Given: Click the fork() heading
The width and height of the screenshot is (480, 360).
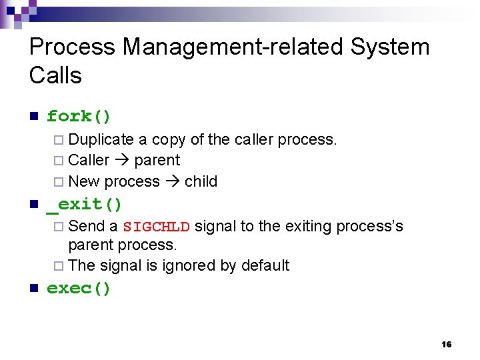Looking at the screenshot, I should [x=79, y=117].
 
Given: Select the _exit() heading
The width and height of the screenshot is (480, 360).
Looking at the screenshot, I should [x=84, y=204].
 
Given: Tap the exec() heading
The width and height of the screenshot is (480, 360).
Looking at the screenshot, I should [x=79, y=289].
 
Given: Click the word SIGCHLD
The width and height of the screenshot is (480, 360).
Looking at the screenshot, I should [x=157, y=227].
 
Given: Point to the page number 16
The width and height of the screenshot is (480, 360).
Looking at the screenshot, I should [x=447, y=344].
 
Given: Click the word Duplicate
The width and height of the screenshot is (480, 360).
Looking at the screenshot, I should [x=101, y=139].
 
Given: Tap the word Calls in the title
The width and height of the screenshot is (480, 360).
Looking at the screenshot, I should [x=55, y=75].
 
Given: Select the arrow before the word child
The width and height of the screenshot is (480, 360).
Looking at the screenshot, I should [x=172, y=181].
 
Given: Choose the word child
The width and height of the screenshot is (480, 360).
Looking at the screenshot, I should [x=201, y=181].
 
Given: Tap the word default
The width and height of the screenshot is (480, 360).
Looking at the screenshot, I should [x=265, y=265].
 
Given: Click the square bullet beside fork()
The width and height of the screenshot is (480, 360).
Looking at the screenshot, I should [x=33, y=117].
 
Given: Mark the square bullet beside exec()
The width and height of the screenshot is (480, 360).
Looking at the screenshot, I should [x=33, y=289].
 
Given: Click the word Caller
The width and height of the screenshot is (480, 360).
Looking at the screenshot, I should [x=89, y=160].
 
